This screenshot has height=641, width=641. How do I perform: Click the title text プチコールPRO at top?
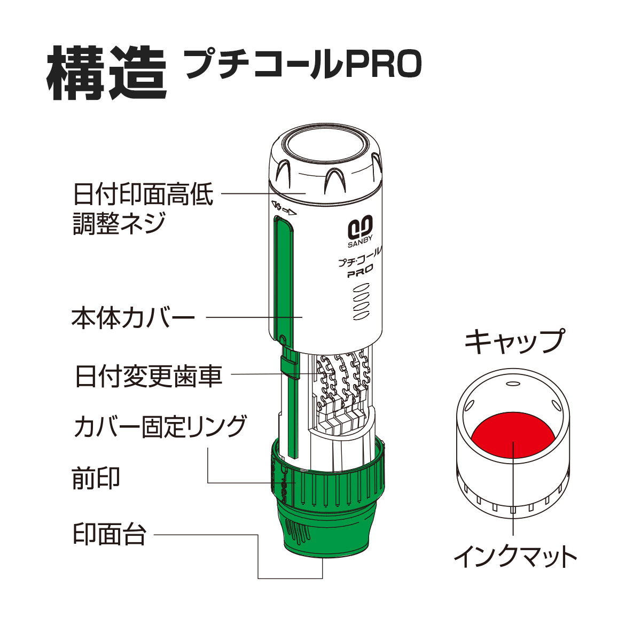pyautogui.click(x=303, y=65)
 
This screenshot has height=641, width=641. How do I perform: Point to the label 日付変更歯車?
pyautogui.click(x=148, y=376)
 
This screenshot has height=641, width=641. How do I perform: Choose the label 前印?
pyautogui.click(x=96, y=478)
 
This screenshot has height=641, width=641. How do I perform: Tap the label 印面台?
pyautogui.click(x=110, y=534)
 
